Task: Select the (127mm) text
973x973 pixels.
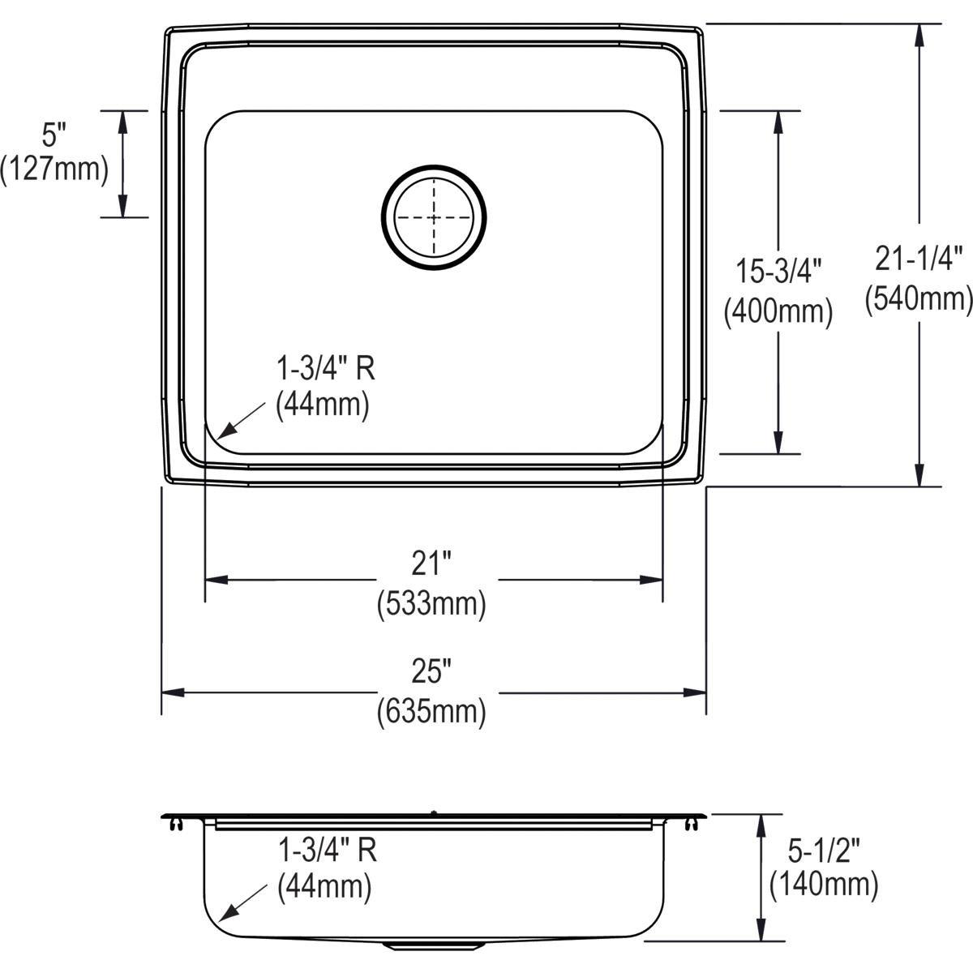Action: pyautogui.click(x=54, y=169)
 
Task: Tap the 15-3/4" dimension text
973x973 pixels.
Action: pyautogui.click(x=778, y=272)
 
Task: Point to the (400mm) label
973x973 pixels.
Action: pyautogui.click(x=778, y=311)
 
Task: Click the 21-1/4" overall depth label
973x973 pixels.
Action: pyautogui.click(x=919, y=259)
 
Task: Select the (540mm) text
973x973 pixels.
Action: pyautogui.click(x=919, y=298)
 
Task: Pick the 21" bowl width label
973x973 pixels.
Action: pyautogui.click(x=431, y=564)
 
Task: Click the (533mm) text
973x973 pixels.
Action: pyautogui.click(x=431, y=604)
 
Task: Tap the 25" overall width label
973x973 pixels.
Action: pyautogui.click(x=431, y=671)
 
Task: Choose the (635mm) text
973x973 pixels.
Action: pyautogui.click(x=431, y=712)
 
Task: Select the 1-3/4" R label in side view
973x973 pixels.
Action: pyautogui.click(x=327, y=851)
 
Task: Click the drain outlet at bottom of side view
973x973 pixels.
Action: pyautogui.click(x=435, y=945)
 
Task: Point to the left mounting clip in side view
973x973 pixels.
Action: pyautogui.click(x=176, y=824)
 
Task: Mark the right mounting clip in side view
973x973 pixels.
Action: pyautogui.click(x=691, y=824)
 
